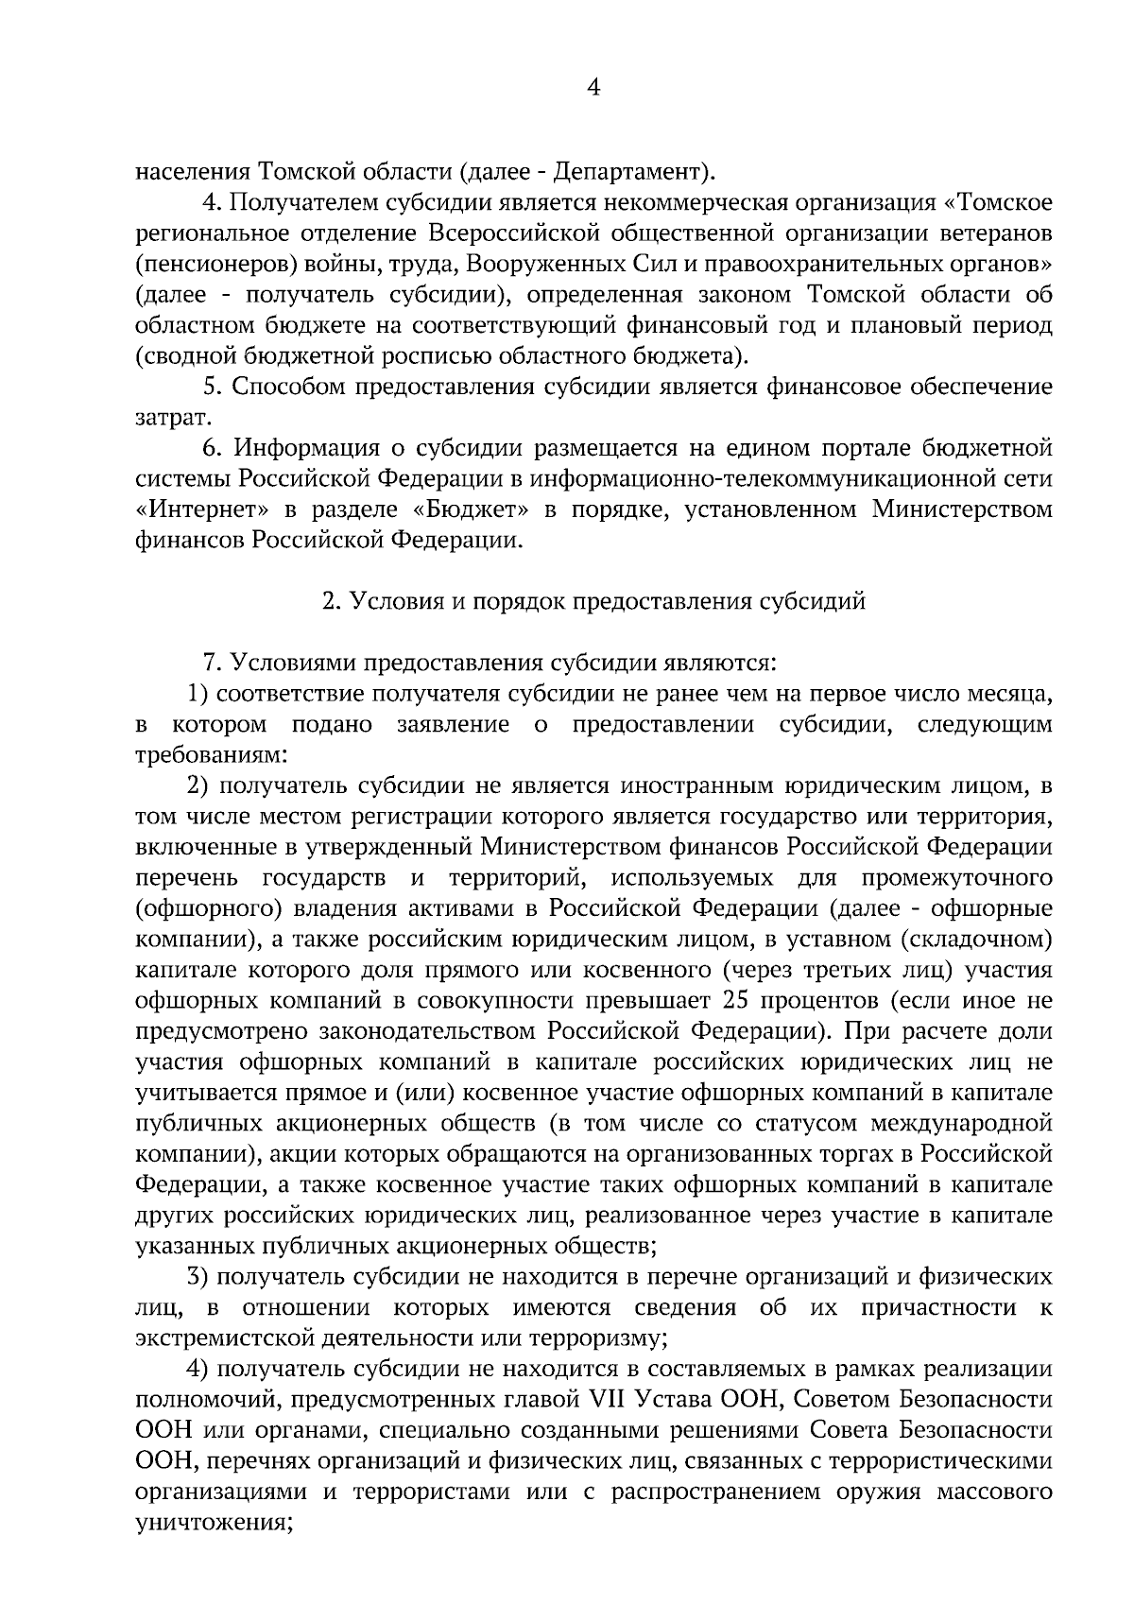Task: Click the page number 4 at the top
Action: coord(593,88)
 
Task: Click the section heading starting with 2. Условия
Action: coord(593,601)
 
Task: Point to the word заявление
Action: coord(448,725)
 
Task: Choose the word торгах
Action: coord(868,1154)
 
